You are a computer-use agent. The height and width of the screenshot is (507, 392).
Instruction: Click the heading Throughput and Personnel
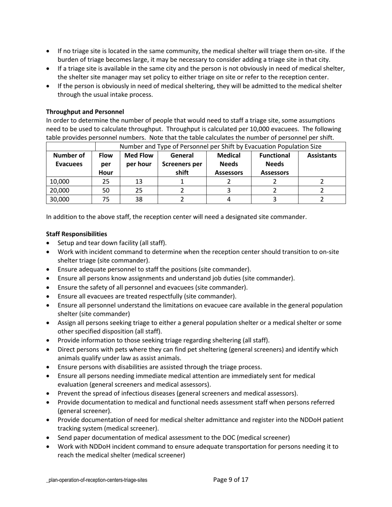[85, 112]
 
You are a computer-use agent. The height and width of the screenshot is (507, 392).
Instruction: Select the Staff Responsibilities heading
[76, 234]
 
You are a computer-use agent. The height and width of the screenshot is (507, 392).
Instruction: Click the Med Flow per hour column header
[139, 160]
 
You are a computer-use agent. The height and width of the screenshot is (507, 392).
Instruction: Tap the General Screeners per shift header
[182, 164]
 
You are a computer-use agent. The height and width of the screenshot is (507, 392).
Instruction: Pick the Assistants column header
[322, 155]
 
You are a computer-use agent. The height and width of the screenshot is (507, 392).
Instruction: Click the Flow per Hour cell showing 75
[106, 199]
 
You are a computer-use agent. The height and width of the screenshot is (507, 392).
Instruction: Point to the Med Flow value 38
[139, 199]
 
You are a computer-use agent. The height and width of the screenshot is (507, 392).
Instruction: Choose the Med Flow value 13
[139, 181]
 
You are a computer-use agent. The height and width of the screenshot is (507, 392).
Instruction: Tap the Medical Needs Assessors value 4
[229, 199]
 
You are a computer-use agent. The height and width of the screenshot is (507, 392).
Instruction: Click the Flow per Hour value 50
[106, 190]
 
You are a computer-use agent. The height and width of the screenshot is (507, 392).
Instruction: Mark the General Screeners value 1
[182, 181]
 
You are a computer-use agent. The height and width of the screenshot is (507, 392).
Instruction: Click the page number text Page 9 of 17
[231, 479]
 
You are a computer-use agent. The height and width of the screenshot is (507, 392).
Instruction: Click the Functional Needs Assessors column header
[274, 164]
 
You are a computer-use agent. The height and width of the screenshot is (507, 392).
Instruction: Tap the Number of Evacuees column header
[69, 160]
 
